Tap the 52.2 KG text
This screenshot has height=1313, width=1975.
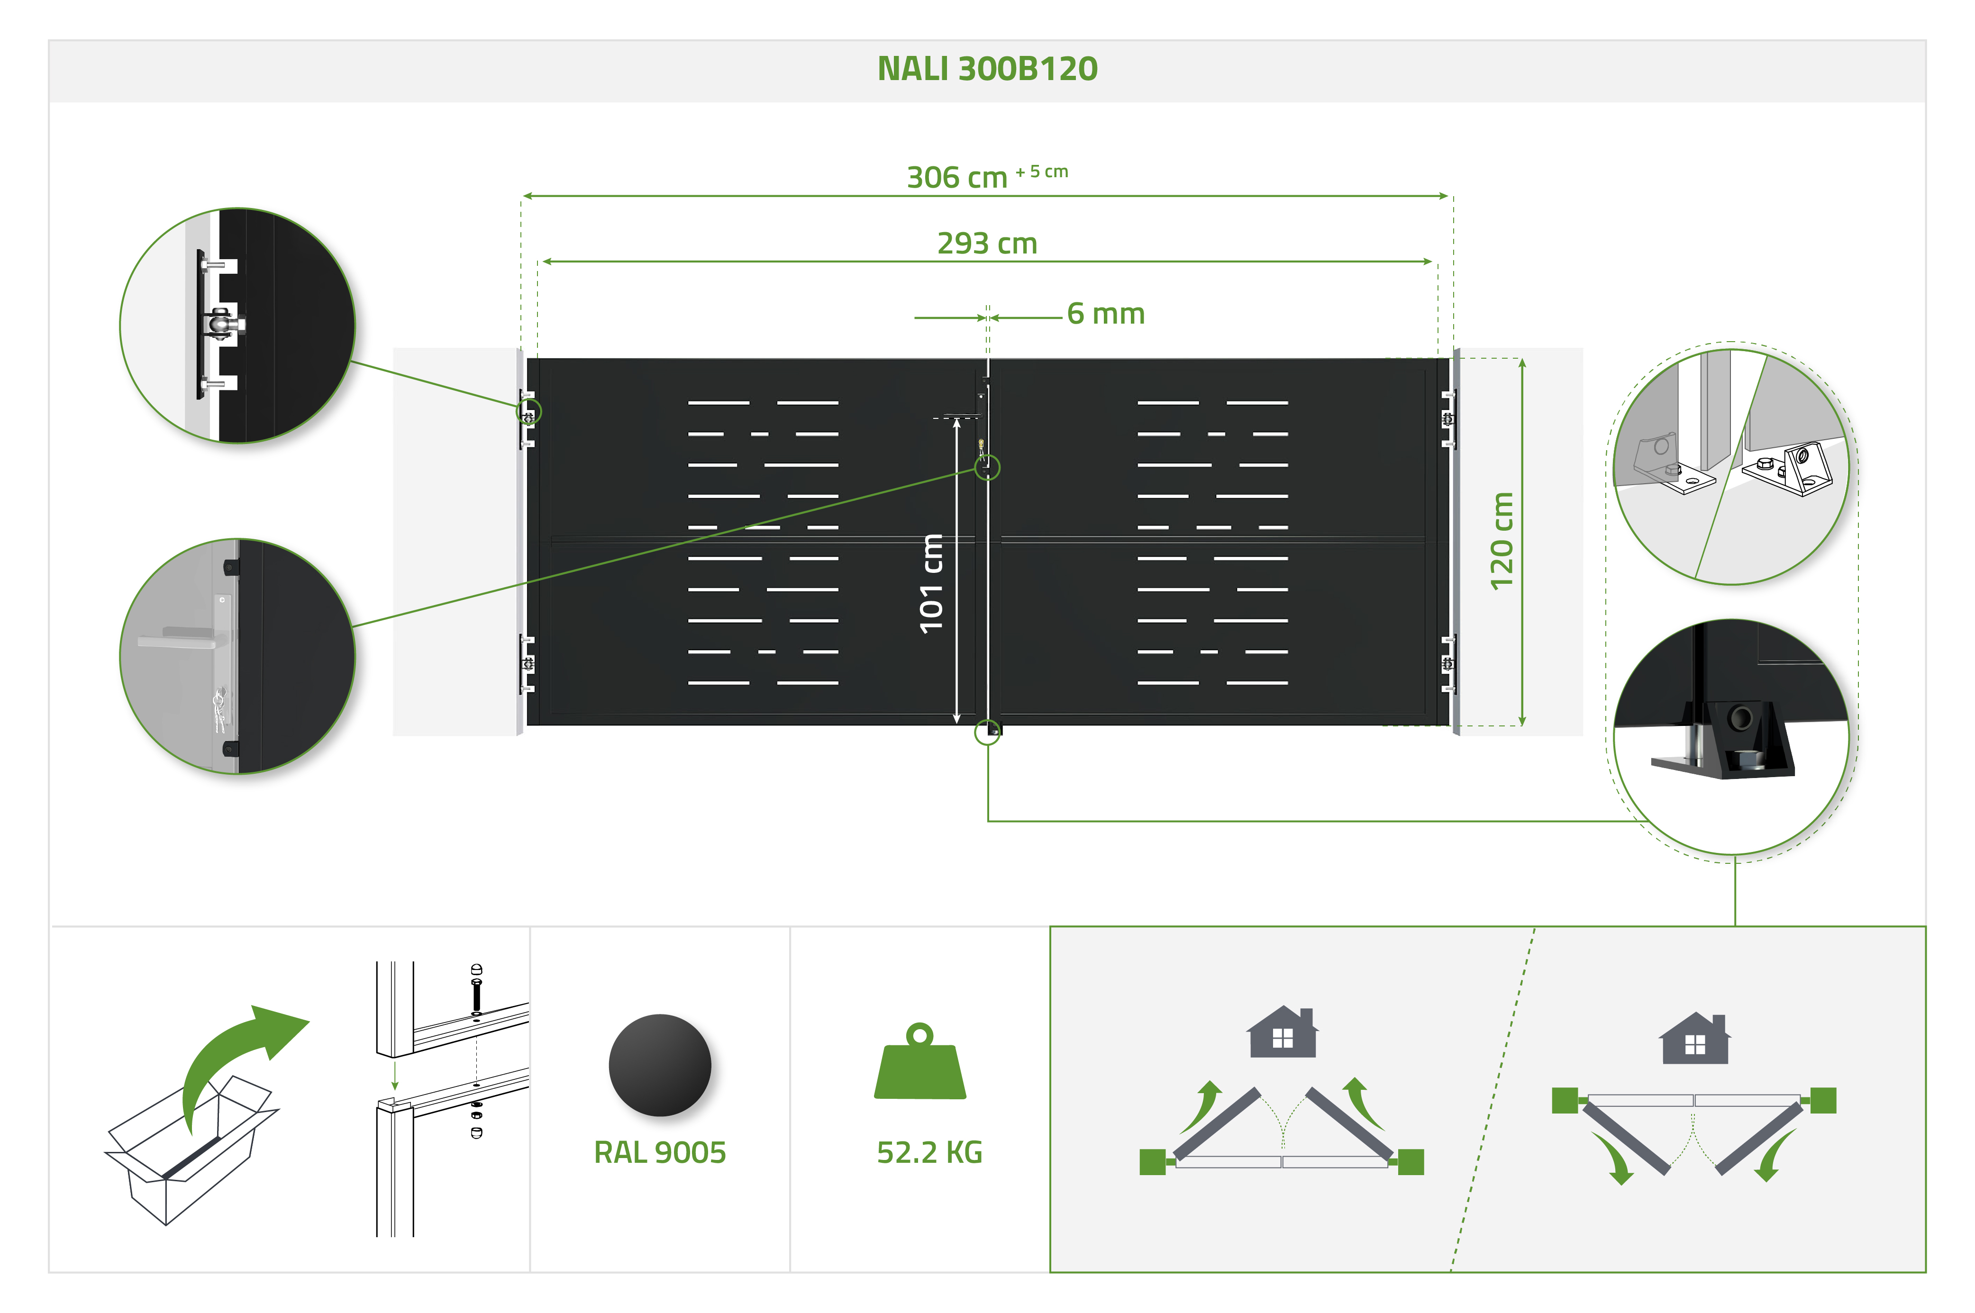pos(929,1152)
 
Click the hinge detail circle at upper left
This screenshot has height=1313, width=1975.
pos(237,325)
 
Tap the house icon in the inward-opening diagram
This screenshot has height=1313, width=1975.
pos(1282,1032)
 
